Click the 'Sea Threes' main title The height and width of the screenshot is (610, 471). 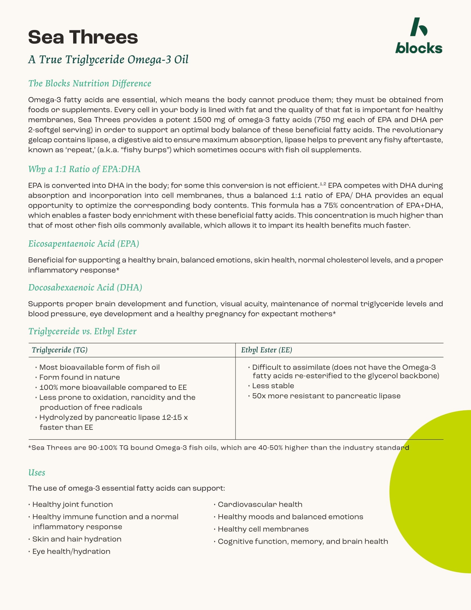tap(83, 37)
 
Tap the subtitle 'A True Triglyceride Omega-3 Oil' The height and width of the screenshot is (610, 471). tap(108, 60)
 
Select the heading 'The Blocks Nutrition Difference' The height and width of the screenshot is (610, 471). tap(89, 83)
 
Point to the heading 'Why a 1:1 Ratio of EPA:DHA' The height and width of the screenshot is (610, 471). tap(84, 169)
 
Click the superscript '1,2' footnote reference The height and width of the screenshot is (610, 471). tap(323, 184)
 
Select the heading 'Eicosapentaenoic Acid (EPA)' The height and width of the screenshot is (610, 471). tap(83, 244)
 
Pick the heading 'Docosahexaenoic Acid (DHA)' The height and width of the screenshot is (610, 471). tap(85, 288)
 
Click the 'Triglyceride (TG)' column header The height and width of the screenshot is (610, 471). tap(60, 350)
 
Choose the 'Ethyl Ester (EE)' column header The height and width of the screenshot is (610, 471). tap(267, 350)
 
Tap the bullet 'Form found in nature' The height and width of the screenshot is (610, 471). tap(80, 377)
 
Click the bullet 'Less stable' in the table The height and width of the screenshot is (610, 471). tap(273, 386)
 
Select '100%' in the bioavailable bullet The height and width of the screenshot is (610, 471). tap(48, 387)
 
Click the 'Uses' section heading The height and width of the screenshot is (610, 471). tap(37, 472)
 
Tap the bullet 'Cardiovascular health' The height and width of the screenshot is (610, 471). tap(260, 504)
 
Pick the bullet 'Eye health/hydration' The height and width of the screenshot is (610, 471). tap(71, 551)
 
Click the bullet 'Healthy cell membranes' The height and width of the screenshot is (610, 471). tap(263, 529)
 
